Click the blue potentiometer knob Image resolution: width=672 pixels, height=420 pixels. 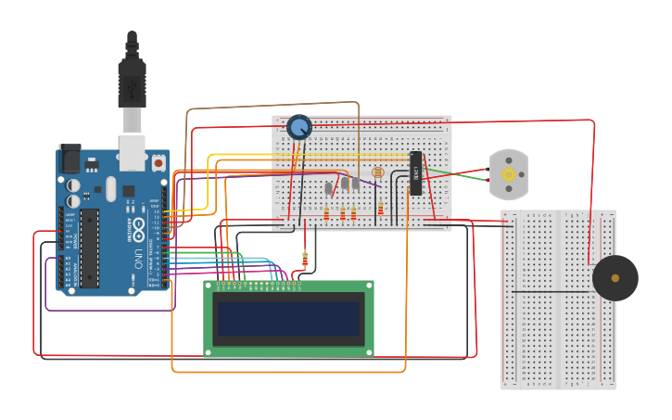click(x=298, y=127)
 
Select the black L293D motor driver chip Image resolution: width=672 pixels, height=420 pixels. click(x=416, y=173)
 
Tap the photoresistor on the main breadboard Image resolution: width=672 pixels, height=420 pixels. click(x=377, y=173)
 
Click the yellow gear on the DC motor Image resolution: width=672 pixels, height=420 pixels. click(x=508, y=174)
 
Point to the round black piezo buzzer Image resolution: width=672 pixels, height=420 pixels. click(x=615, y=278)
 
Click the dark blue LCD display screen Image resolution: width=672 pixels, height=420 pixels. click(x=288, y=318)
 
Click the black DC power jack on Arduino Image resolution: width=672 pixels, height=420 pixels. click(x=70, y=159)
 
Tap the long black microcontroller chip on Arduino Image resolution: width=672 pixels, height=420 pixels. click(x=89, y=248)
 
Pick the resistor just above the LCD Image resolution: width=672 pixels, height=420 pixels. click(x=305, y=259)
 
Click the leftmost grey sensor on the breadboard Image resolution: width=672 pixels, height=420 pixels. click(x=328, y=188)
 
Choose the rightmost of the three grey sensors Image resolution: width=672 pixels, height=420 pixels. click(x=355, y=184)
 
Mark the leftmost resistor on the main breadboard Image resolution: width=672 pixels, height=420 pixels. click(x=326, y=214)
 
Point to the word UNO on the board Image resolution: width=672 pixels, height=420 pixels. click(x=138, y=256)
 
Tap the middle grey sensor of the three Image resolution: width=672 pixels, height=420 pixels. click(x=344, y=184)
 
